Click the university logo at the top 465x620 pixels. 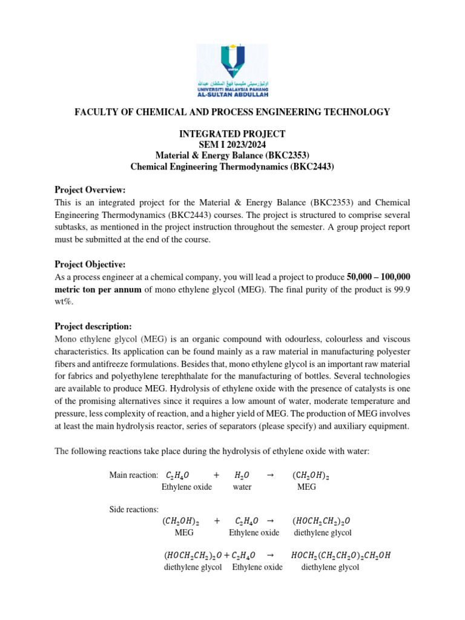coord(232,70)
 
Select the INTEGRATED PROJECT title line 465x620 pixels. coord(232,134)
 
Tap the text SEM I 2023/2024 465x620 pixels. coord(232,144)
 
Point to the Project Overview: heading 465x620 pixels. coord(90,190)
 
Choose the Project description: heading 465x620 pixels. coord(93,326)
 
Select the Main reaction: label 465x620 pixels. coord(133,475)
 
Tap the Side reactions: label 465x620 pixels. coord(134,509)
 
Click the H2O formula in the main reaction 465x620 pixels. coord(242,476)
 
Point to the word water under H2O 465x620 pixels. coord(242,487)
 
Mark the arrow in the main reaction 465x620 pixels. coord(271,475)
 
